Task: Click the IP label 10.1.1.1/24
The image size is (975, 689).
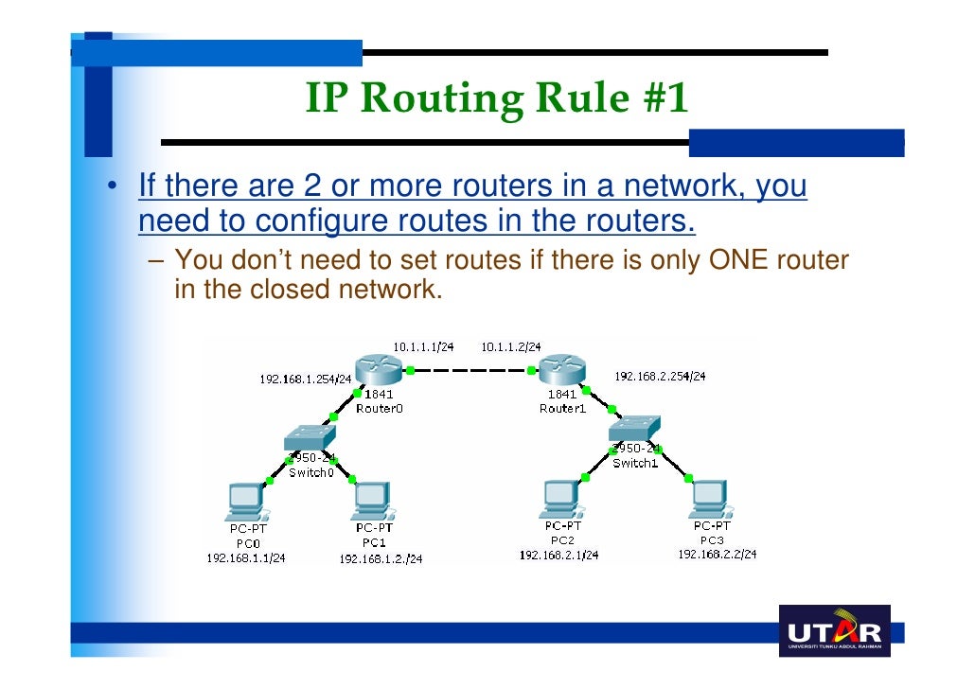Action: point(417,347)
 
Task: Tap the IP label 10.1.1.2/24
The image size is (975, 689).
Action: point(510,347)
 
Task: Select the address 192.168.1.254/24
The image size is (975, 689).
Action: point(306,380)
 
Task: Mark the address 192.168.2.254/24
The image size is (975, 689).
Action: point(660,376)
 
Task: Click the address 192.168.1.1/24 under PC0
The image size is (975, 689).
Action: point(246,558)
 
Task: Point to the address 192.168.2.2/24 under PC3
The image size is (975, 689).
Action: point(717,555)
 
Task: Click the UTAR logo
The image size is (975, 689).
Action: point(834,631)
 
